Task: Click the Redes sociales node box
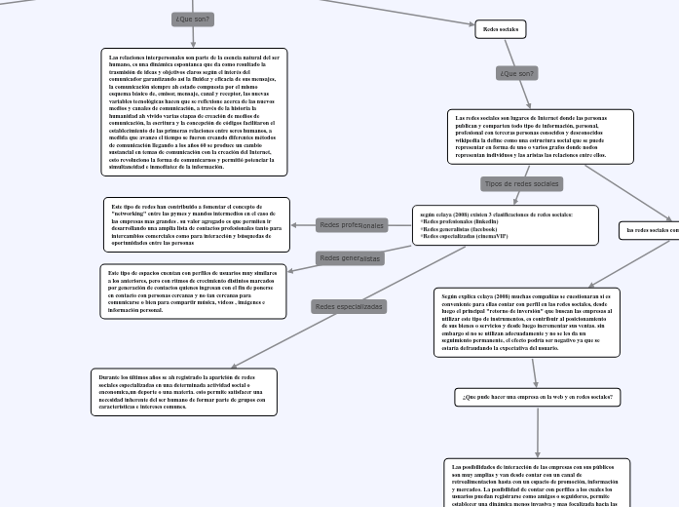[x=501, y=29]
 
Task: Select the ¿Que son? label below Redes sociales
[x=516, y=73]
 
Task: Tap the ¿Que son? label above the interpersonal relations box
[x=193, y=19]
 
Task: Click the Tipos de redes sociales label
[x=521, y=183]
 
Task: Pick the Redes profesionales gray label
[x=351, y=225]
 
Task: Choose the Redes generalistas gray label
[x=350, y=258]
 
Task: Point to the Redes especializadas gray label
[x=348, y=306]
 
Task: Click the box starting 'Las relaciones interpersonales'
[x=195, y=112]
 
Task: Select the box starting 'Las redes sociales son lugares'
[x=529, y=136]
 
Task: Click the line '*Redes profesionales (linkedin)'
[x=459, y=220]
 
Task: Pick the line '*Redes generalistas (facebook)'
[x=460, y=228]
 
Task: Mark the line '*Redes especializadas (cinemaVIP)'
[x=464, y=236]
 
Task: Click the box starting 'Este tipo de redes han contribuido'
[x=192, y=224]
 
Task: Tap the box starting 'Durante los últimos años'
[x=184, y=391]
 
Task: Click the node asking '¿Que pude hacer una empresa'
[x=538, y=397]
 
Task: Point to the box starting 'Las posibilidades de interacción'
[x=537, y=483]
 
